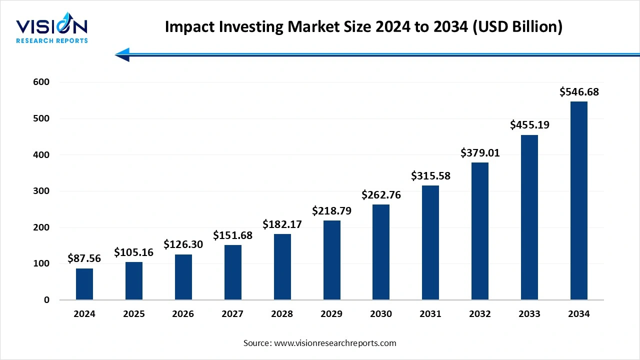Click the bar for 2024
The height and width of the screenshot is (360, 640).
(84, 284)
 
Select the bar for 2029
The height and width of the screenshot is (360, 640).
(331, 260)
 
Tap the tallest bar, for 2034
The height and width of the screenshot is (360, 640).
(579, 200)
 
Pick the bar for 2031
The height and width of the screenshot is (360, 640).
(430, 242)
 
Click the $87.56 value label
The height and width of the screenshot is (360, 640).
(84, 258)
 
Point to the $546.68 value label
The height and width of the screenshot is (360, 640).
(579, 92)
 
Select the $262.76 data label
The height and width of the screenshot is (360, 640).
(381, 195)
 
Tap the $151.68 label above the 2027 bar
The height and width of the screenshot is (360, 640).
(232, 235)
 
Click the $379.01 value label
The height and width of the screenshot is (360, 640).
(480, 152)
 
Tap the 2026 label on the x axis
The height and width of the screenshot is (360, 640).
(183, 314)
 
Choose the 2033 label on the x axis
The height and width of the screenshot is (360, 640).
(529, 314)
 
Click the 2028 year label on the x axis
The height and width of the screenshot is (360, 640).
(282, 314)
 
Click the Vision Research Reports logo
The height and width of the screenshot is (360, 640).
(52, 29)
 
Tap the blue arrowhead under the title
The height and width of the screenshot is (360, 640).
(122, 54)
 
